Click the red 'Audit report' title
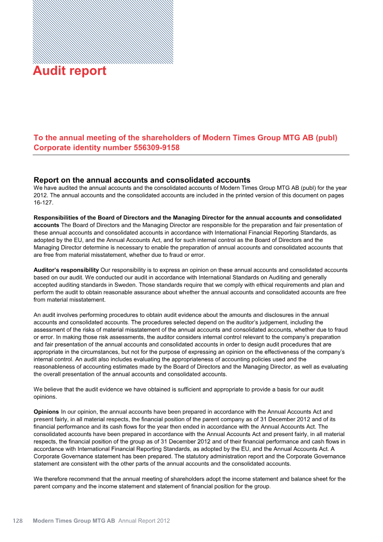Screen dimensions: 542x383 [69, 71]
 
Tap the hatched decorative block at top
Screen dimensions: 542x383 [103, 32]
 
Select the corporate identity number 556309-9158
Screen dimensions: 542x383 [156, 148]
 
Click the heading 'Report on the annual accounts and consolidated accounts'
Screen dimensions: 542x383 [142, 180]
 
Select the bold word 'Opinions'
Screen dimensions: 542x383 [46, 412]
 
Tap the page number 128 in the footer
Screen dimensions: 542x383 [18, 520]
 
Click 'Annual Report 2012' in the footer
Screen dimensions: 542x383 [144, 520]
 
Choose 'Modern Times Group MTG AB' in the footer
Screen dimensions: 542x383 [74, 520]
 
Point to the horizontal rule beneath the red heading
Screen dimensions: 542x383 [191, 155]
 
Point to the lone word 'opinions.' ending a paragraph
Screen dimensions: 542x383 [46, 397]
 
